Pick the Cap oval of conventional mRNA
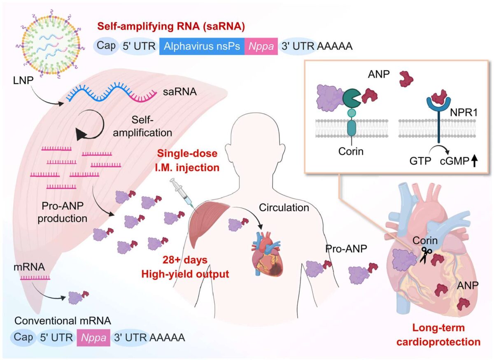[x=21, y=338]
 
